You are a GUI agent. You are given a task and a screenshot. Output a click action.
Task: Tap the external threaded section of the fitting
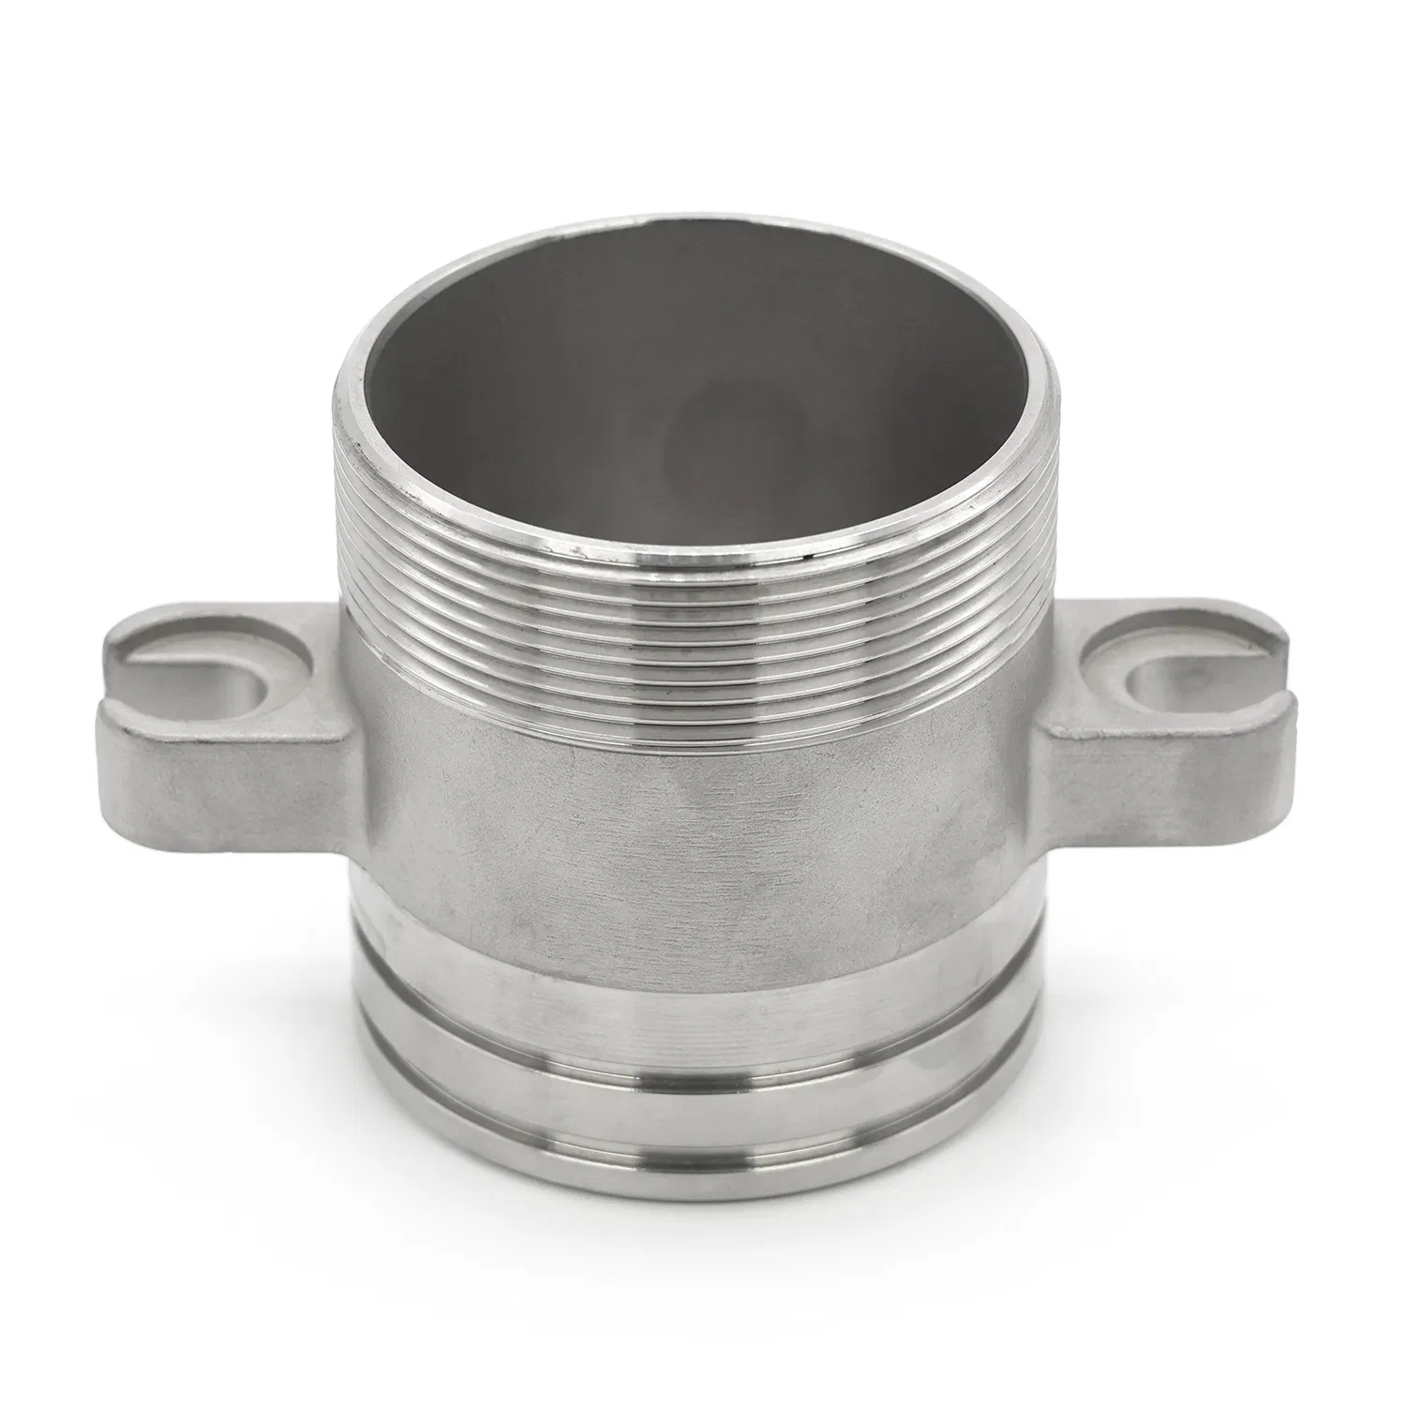point(703,637)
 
